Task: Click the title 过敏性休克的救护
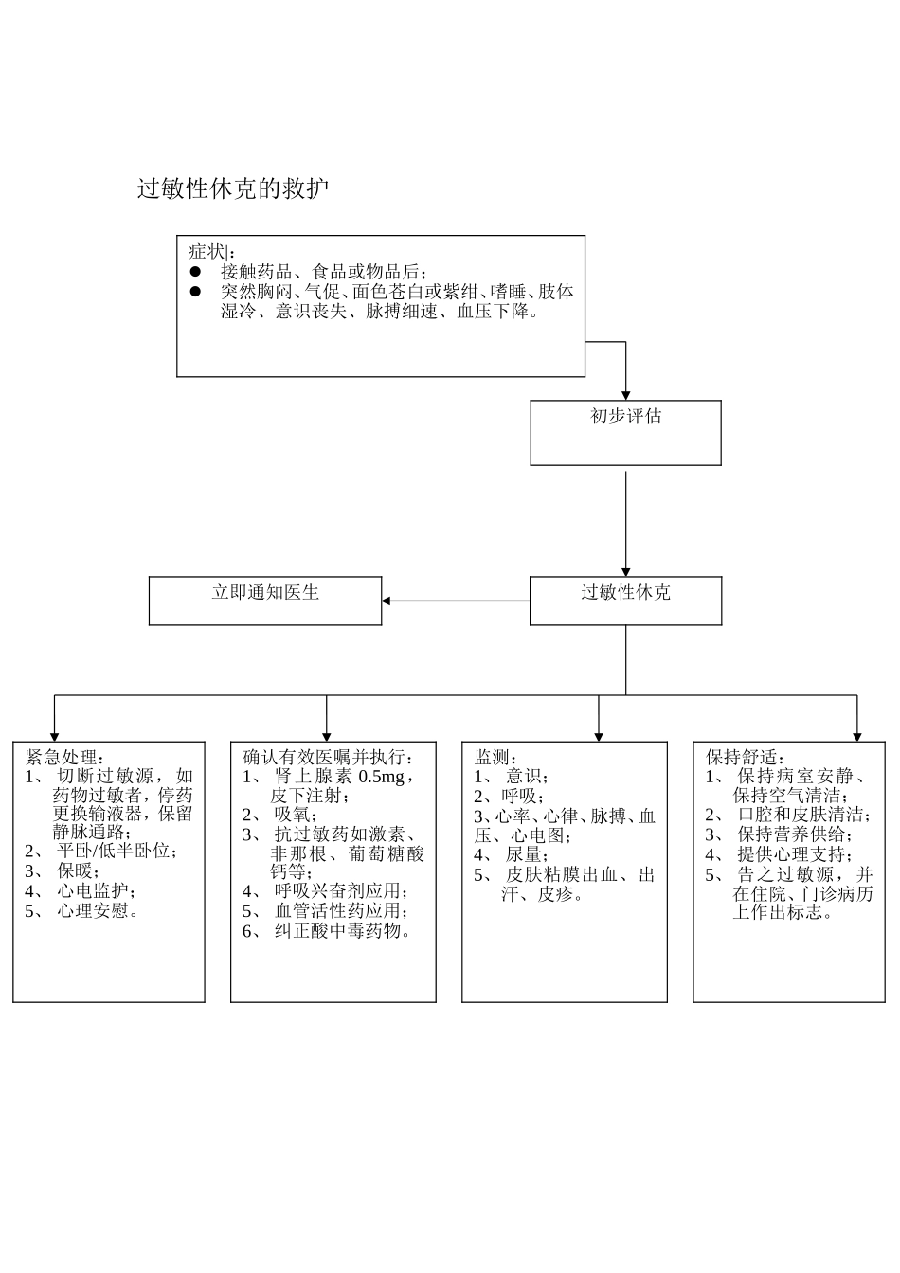coord(233,189)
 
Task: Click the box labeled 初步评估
coord(625,432)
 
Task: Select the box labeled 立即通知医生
coord(265,601)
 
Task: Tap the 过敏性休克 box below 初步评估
coord(625,601)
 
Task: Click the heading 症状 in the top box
coord(207,252)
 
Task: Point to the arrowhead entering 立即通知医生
coord(387,601)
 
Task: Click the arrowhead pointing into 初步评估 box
coord(625,394)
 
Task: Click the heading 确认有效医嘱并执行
coord(328,758)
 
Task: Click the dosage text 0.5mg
coord(381,777)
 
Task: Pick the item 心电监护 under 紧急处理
coord(95,891)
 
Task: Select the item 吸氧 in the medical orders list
coord(295,815)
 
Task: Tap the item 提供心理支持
coord(794,854)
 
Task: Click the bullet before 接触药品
coord(195,271)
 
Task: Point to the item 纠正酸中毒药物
coord(342,931)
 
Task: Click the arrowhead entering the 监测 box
coord(599,736)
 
